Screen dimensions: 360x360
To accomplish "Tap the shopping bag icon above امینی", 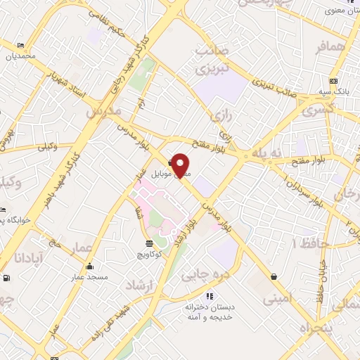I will (273, 277).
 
